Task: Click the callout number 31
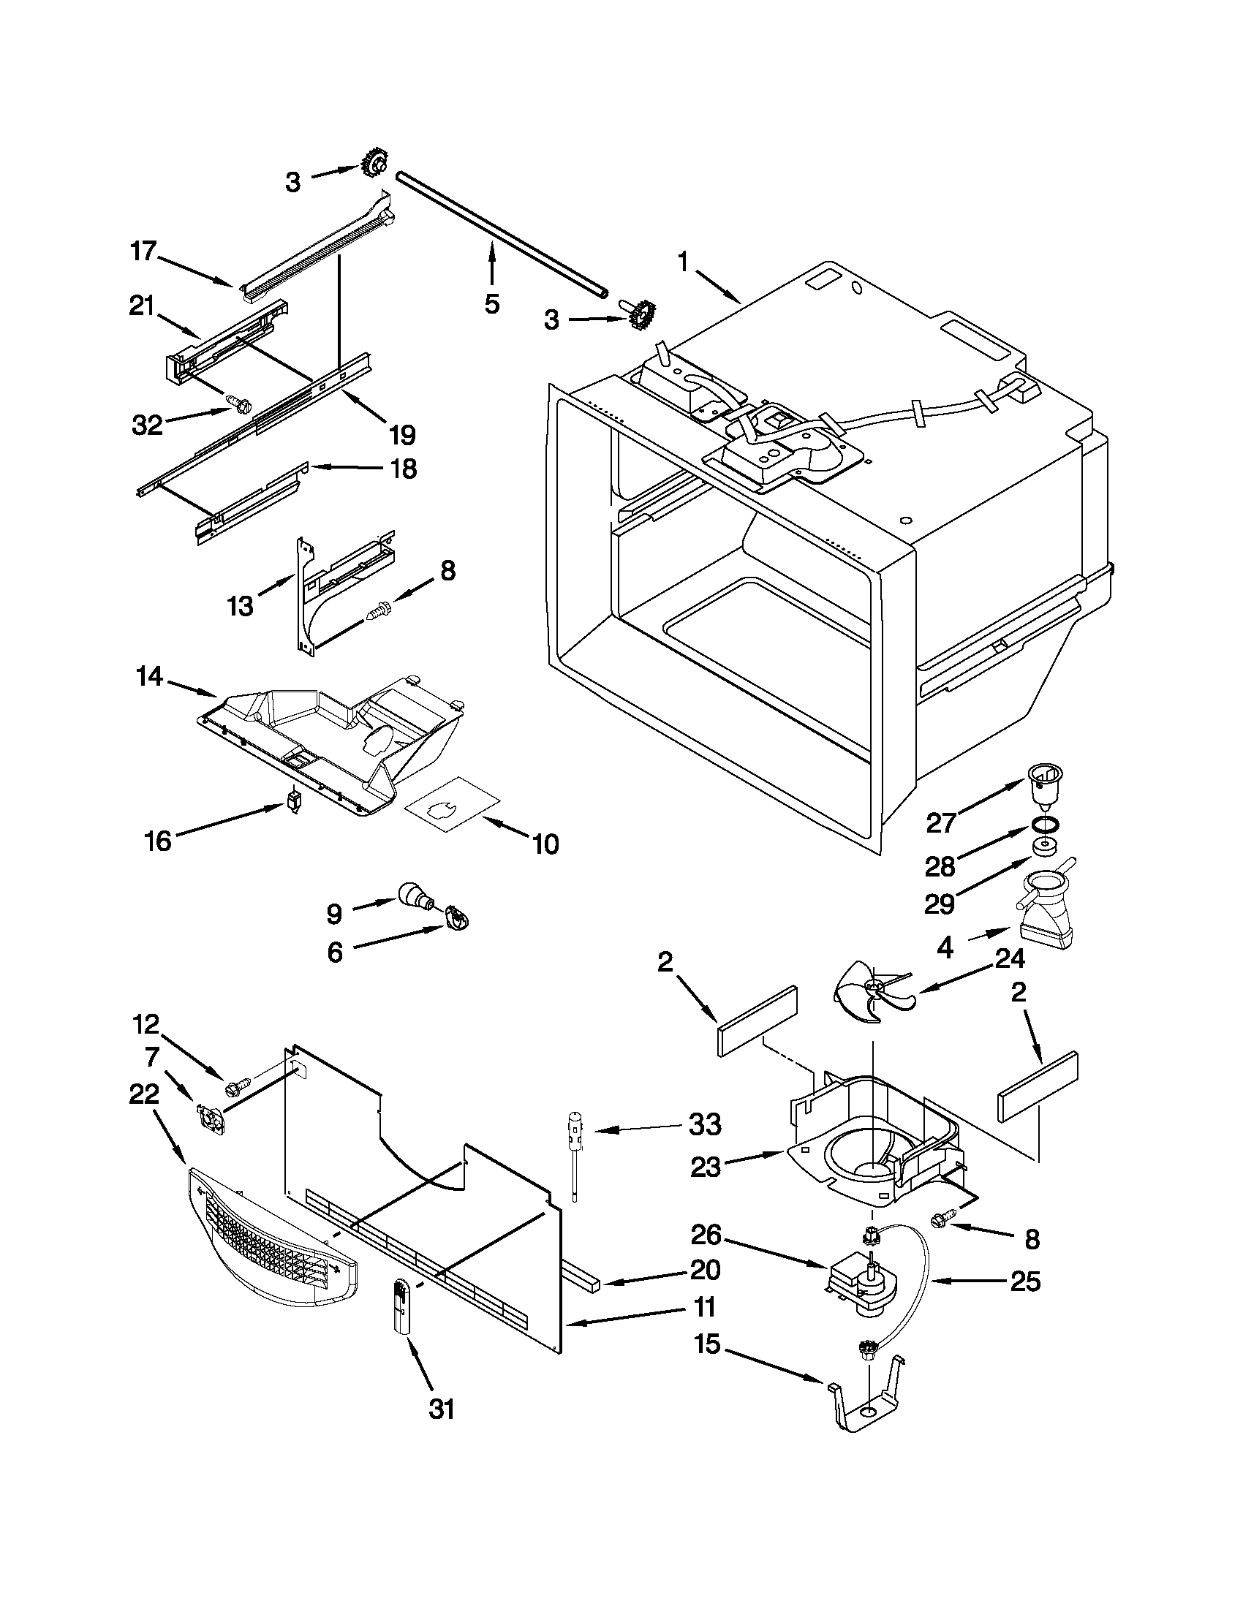pos(442,1409)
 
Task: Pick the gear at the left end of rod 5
pos(375,164)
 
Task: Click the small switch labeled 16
pos(295,800)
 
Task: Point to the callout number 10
pos(545,844)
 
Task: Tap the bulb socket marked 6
pos(457,919)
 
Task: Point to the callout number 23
pos(704,1167)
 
